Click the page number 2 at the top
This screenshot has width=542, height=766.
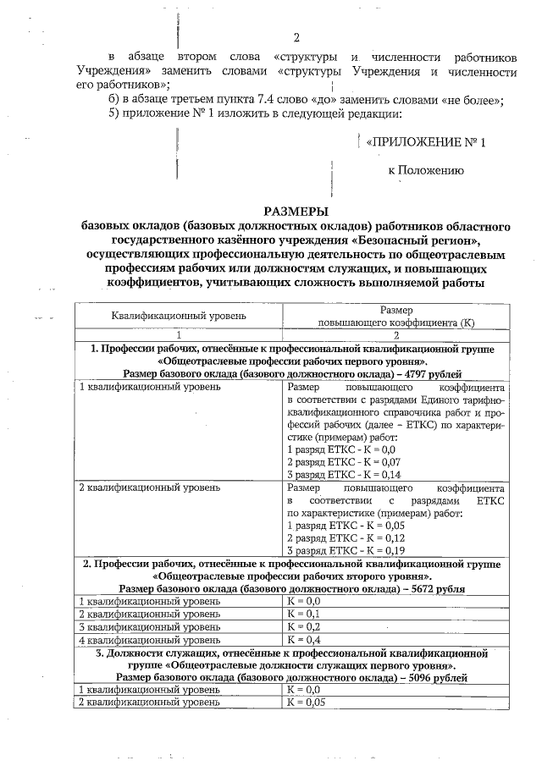coord(296,36)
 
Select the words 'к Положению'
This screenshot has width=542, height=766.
coord(426,170)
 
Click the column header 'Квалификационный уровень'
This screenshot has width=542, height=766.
coord(179,316)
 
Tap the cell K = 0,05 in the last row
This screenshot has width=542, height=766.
coord(307,703)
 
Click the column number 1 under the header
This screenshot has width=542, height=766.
coord(179,334)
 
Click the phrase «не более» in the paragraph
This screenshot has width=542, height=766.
coord(472,99)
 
